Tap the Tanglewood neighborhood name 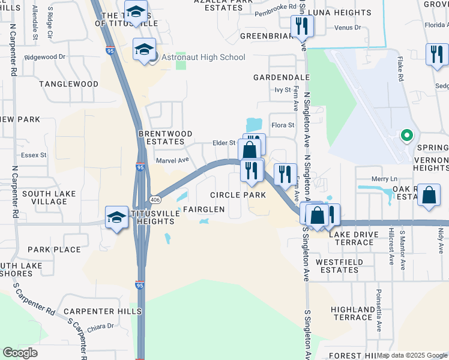coord(69,85)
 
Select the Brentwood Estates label coord(165,137)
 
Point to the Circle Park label coord(238,195)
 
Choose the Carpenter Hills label coord(103,311)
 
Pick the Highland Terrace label coord(352,313)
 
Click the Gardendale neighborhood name coord(281,78)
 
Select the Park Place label coord(54,250)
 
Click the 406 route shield coord(155,199)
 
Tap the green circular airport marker coord(406,136)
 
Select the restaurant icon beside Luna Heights coord(300,26)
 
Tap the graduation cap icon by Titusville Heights coord(116,217)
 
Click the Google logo coord(20,353)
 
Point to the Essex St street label coord(34,155)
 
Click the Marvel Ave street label coord(172,160)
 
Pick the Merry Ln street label coord(384,179)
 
